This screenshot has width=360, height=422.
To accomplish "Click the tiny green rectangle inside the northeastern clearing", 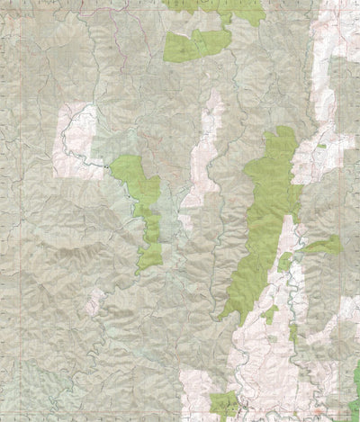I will coord(321,145).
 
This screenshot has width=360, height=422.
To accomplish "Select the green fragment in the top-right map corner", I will coord(351,4).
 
